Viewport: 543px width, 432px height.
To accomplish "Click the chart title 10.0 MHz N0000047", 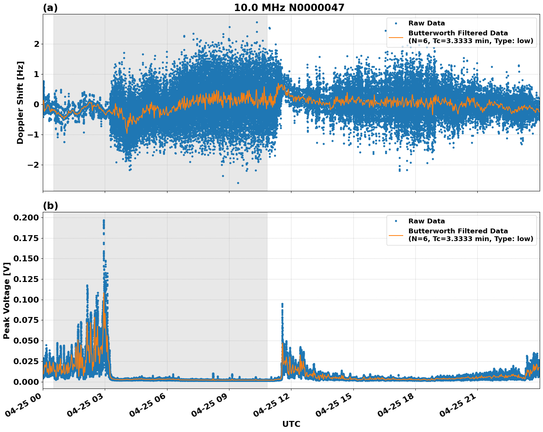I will [x=289, y=8].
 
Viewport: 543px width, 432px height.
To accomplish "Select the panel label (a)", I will [x=50, y=8].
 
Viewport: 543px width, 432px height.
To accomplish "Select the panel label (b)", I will [x=50, y=206].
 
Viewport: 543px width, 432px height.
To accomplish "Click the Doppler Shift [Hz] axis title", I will [x=20, y=102].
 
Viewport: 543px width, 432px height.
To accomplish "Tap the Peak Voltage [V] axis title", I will [x=6, y=300].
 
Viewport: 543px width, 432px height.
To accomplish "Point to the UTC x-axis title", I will [x=291, y=424].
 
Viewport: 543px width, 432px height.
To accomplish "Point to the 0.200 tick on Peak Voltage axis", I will [x=26, y=217].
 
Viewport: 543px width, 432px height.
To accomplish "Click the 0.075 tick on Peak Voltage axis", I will [x=26, y=320].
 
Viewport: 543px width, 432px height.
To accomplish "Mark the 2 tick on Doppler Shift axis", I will [x=36, y=44].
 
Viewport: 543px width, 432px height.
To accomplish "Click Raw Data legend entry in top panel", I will [x=426, y=23].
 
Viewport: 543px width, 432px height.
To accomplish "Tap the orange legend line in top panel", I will [x=396, y=37].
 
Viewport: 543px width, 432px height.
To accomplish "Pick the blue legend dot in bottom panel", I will [x=396, y=221].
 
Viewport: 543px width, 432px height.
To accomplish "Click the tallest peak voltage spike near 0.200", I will [x=104, y=220].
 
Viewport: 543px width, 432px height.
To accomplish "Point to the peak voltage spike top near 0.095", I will [x=282, y=304].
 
